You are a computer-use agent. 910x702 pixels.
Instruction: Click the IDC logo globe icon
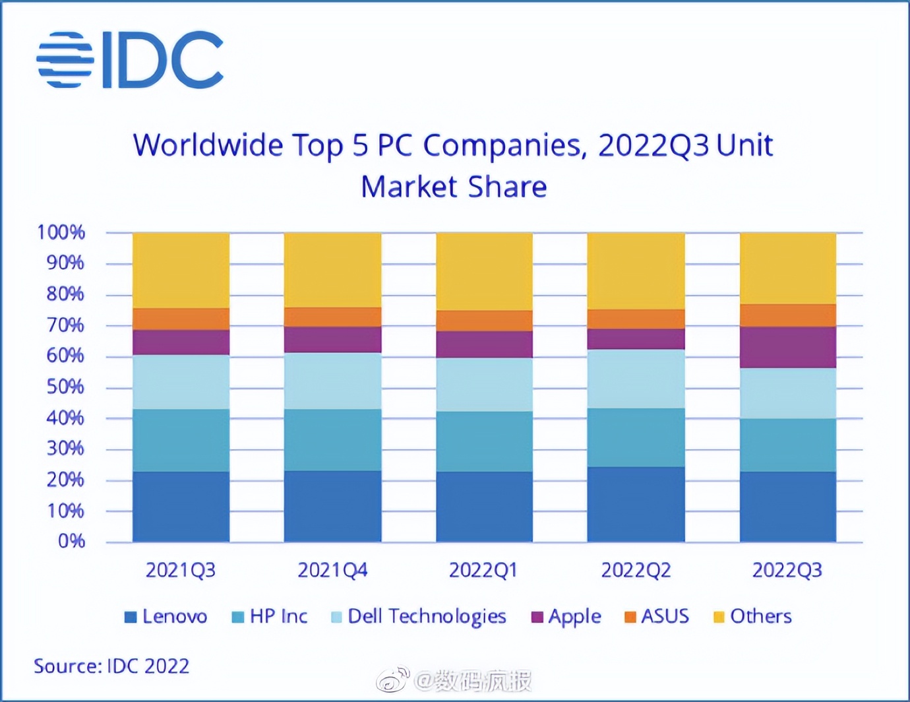point(65,59)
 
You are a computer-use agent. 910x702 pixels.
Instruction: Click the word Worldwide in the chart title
point(208,145)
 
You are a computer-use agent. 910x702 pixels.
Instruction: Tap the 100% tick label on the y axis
point(61,232)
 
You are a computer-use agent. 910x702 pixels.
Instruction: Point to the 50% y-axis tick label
point(65,387)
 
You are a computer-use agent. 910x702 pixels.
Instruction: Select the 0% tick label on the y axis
point(71,542)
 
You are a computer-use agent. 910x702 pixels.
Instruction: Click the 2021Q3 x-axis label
point(181,570)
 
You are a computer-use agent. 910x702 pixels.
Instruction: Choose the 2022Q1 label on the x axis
point(483,570)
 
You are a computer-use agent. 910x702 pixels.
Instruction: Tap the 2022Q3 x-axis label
point(787,570)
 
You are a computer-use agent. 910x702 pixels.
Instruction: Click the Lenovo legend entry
point(166,617)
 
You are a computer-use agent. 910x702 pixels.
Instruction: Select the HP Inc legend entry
point(270,617)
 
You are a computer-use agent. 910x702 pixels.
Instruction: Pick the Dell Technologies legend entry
point(419,617)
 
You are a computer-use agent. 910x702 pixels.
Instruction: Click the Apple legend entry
point(566,617)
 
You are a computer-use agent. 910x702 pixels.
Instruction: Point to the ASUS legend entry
point(657,617)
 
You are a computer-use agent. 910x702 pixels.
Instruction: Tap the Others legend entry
point(753,617)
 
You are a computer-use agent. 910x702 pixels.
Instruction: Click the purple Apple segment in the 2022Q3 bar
point(788,347)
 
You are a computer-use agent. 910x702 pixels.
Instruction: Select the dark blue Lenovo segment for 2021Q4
point(332,506)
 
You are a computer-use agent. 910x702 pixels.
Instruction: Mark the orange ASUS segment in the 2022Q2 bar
point(636,319)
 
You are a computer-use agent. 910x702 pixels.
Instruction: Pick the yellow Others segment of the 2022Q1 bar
point(484,271)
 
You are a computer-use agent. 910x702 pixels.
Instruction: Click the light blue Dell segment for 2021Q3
point(181,382)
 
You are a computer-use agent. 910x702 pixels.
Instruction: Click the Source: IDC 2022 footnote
point(111,666)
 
